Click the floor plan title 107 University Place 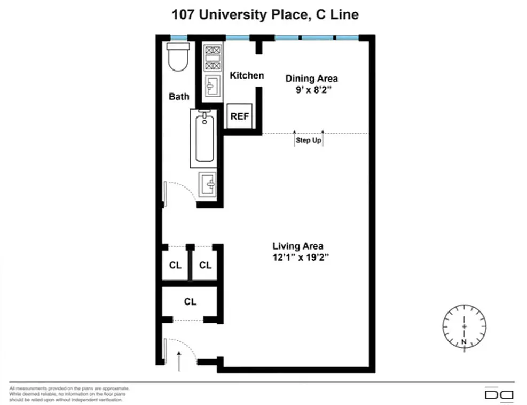click(x=265, y=14)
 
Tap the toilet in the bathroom click(x=177, y=57)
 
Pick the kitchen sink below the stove click(x=213, y=85)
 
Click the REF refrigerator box click(x=240, y=116)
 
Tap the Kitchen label click(x=247, y=75)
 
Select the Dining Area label click(x=311, y=79)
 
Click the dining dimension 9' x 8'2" click(x=311, y=90)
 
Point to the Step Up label click(x=309, y=141)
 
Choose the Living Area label click(x=298, y=246)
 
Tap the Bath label click(x=179, y=97)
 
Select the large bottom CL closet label click(x=190, y=301)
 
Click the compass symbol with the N click(x=464, y=325)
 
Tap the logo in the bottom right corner click(x=498, y=394)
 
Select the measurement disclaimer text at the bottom click(x=69, y=394)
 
